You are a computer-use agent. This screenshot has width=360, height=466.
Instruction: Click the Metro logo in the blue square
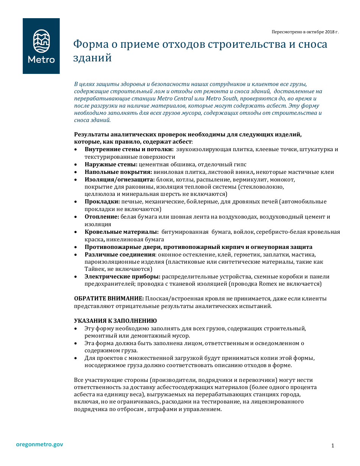(x=41, y=46)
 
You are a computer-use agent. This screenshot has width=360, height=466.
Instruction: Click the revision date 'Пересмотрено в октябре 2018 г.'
(x=305, y=32)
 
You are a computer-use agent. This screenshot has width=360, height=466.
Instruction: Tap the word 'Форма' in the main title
(x=90, y=44)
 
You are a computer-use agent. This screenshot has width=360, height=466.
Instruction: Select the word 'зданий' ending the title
(x=92, y=58)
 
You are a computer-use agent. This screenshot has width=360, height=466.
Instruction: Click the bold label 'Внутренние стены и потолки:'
(x=129, y=150)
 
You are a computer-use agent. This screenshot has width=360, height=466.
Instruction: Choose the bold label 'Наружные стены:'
(x=111, y=164)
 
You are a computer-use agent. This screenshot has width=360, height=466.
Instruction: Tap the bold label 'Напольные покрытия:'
(x=118, y=172)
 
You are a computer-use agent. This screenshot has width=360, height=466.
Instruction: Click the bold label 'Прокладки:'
(x=102, y=202)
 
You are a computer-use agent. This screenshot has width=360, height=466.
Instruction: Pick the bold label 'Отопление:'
(x=102, y=217)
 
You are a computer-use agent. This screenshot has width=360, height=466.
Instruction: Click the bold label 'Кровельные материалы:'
(x=121, y=232)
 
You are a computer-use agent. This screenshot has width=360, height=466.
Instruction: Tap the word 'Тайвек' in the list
(x=95, y=269)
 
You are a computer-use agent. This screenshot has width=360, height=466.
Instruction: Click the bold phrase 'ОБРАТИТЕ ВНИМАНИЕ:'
(x=109, y=299)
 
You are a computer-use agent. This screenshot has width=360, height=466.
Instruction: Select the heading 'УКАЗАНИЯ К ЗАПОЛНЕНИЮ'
(x=115, y=321)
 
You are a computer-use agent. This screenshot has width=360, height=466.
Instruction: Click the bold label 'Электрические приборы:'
(x=122, y=277)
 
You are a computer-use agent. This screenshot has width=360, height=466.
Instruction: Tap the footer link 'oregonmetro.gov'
(x=39, y=444)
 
